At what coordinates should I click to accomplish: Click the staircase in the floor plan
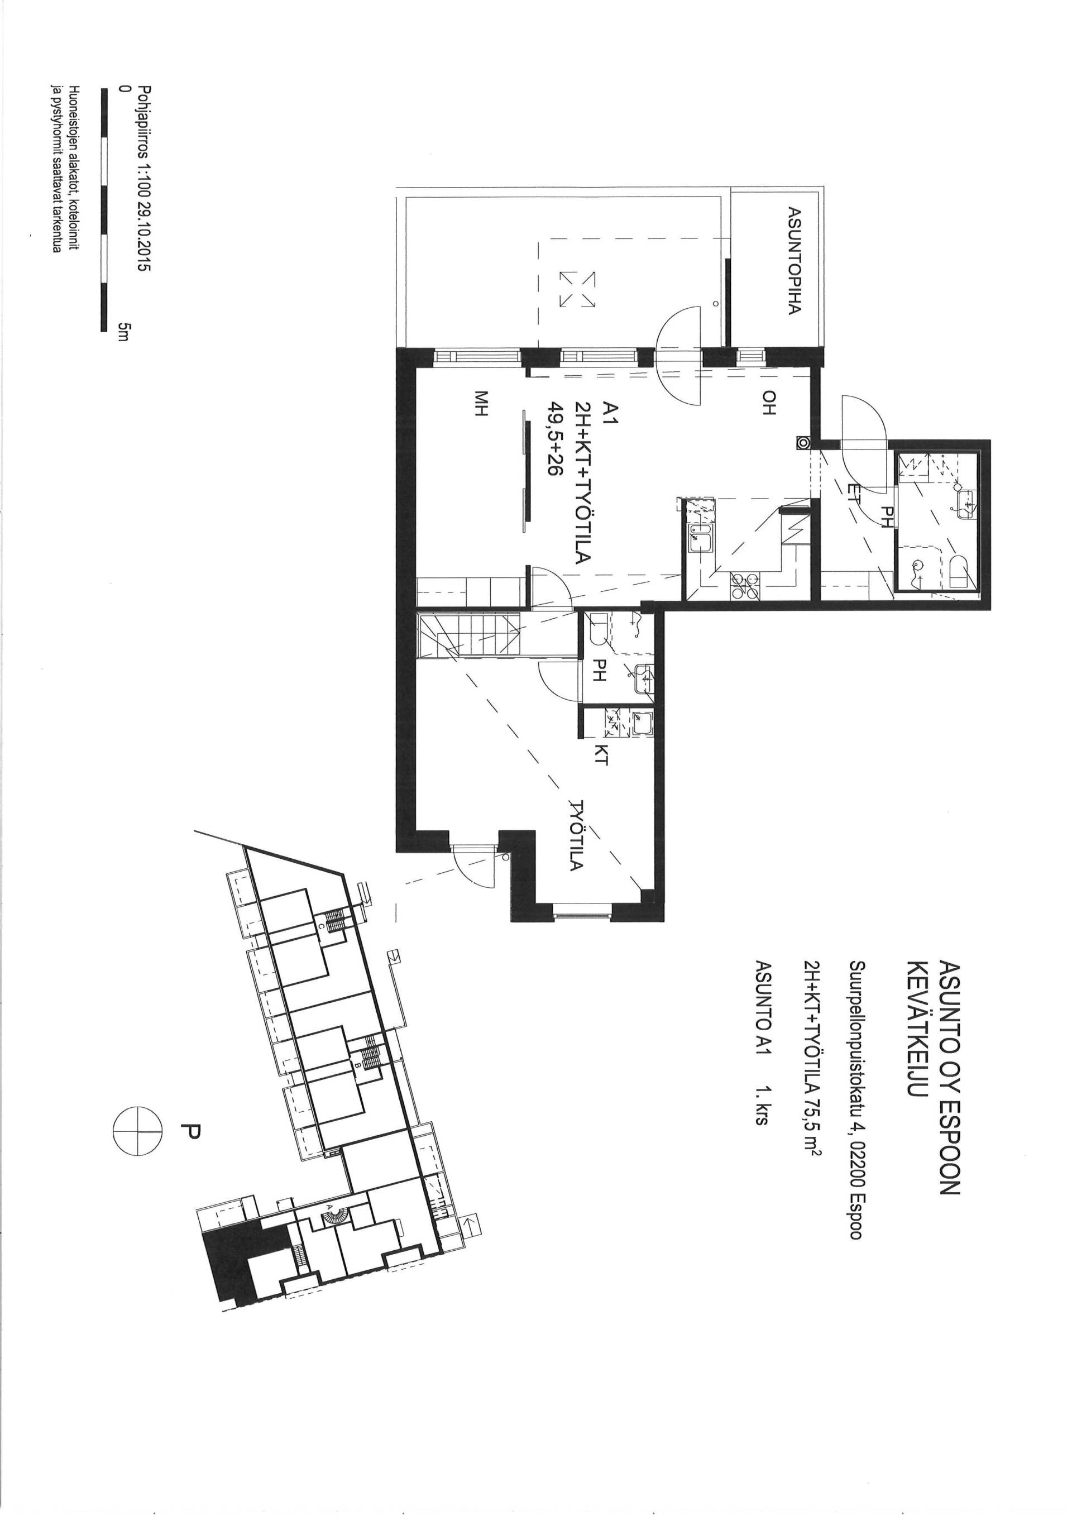(468, 635)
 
